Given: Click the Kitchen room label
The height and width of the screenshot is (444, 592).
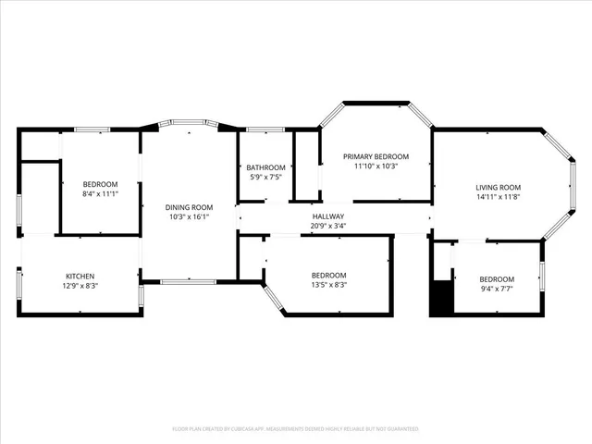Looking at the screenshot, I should pyautogui.click(x=80, y=276).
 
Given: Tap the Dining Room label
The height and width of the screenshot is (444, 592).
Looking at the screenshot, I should pyautogui.click(x=189, y=207).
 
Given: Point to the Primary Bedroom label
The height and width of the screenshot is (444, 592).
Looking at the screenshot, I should pyautogui.click(x=376, y=156).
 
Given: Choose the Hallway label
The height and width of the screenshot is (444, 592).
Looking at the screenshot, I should pyautogui.click(x=327, y=216).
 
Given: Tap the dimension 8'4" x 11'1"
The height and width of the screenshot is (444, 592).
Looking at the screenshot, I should pyautogui.click(x=100, y=195).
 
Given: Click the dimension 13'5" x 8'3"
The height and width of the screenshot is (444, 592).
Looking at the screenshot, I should pyautogui.click(x=328, y=286).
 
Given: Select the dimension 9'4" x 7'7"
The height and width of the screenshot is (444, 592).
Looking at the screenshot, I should pyautogui.click(x=497, y=290).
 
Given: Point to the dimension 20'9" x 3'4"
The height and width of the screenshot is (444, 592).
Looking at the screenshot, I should pyautogui.click(x=327, y=227).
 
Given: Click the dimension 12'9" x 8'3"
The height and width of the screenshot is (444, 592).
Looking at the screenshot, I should pyautogui.click(x=80, y=286).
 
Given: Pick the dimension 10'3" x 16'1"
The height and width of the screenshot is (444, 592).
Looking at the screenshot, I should pyautogui.click(x=189, y=217).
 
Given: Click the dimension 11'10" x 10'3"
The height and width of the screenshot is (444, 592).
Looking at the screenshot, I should pyautogui.click(x=376, y=166).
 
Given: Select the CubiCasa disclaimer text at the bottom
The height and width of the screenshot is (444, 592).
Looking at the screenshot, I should pyautogui.click(x=296, y=429).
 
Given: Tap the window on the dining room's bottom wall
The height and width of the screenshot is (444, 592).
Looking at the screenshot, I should pyautogui.click(x=188, y=281).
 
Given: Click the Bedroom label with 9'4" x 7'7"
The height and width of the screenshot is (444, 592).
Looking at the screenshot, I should pyautogui.click(x=497, y=280).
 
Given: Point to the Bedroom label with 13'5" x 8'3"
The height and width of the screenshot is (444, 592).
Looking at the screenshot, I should pyautogui.click(x=328, y=276).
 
